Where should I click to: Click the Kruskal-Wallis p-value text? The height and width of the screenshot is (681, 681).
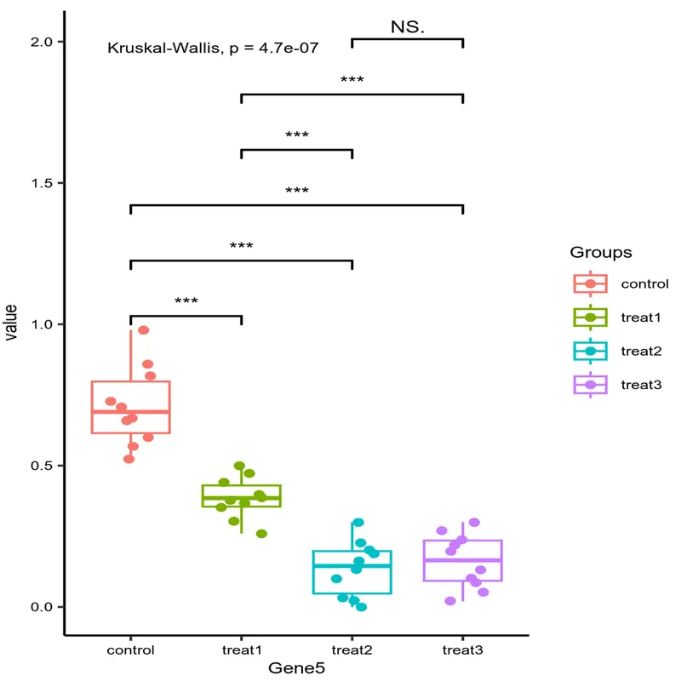213,49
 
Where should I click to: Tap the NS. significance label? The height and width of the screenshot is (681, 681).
408,27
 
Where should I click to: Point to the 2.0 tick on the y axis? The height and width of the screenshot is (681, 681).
42,42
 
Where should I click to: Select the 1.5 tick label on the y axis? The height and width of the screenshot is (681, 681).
42,183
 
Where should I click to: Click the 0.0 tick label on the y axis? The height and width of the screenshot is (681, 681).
42,607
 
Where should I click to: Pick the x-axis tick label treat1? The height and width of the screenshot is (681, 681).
241,650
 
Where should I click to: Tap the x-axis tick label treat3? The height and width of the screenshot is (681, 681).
462,650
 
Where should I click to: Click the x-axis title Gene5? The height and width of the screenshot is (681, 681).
296,669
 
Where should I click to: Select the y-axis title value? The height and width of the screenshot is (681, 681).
11,324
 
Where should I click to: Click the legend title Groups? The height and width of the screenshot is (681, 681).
601,253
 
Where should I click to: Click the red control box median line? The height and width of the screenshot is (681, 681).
131,411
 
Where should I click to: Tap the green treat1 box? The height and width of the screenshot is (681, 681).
241,495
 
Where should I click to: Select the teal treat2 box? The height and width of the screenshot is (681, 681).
352,572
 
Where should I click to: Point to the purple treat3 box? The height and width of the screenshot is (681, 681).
462,560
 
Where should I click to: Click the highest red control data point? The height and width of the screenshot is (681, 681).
144,330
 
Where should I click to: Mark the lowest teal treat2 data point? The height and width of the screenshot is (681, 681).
362,607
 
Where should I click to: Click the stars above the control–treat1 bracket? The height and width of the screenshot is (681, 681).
186,301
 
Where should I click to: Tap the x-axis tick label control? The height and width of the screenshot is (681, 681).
130,650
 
